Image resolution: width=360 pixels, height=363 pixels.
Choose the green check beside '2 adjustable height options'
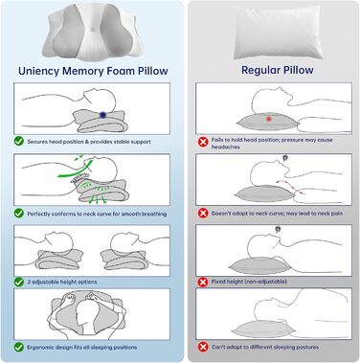pyautogui.click(x=19, y=282)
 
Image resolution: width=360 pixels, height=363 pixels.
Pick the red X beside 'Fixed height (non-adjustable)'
pyautogui.click(x=202, y=282)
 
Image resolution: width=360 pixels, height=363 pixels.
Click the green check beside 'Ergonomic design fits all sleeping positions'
pyautogui.click(x=19, y=346)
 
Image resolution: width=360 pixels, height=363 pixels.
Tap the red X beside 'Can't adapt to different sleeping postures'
pyautogui.click(x=202, y=346)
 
